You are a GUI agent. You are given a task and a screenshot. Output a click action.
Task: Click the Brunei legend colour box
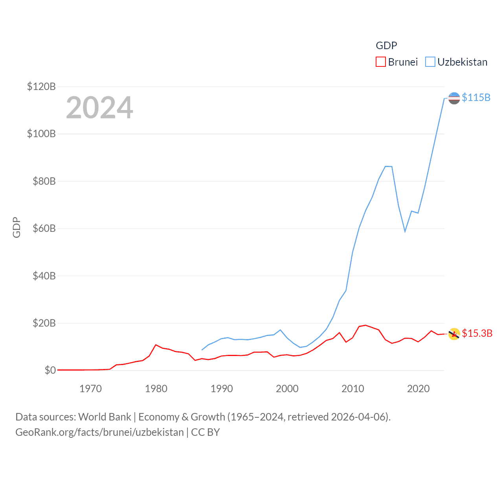click(380, 62)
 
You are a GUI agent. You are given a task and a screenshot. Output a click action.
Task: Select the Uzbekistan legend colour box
click(430, 62)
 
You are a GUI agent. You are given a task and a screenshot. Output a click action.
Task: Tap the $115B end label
click(476, 97)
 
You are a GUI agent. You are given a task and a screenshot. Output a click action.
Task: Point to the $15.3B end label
click(477, 333)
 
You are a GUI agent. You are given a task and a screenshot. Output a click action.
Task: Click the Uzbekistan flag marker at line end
click(454, 98)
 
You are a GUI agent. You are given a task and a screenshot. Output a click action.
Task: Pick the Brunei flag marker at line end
click(454, 334)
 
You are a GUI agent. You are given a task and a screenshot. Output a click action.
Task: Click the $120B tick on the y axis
click(41, 86)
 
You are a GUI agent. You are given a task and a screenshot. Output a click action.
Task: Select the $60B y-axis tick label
click(44, 228)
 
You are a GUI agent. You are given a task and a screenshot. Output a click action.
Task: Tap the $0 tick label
click(50, 370)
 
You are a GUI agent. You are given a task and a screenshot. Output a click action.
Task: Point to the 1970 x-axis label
click(90, 389)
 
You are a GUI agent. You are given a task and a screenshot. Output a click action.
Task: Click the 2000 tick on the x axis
click(287, 389)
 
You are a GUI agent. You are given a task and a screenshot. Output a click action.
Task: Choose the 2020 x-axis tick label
click(418, 389)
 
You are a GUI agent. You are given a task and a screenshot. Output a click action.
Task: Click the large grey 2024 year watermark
click(99, 108)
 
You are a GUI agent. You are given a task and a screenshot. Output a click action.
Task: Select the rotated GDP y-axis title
click(17, 227)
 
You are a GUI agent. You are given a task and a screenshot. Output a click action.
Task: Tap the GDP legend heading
click(386, 46)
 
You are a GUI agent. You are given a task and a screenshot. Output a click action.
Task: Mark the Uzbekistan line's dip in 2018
click(405, 231)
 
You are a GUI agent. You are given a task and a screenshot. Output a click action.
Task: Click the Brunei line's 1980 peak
click(156, 345)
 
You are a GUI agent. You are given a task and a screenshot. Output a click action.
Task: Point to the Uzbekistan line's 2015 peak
click(386, 166)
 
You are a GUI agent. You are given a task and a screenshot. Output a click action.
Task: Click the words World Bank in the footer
click(105, 417)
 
